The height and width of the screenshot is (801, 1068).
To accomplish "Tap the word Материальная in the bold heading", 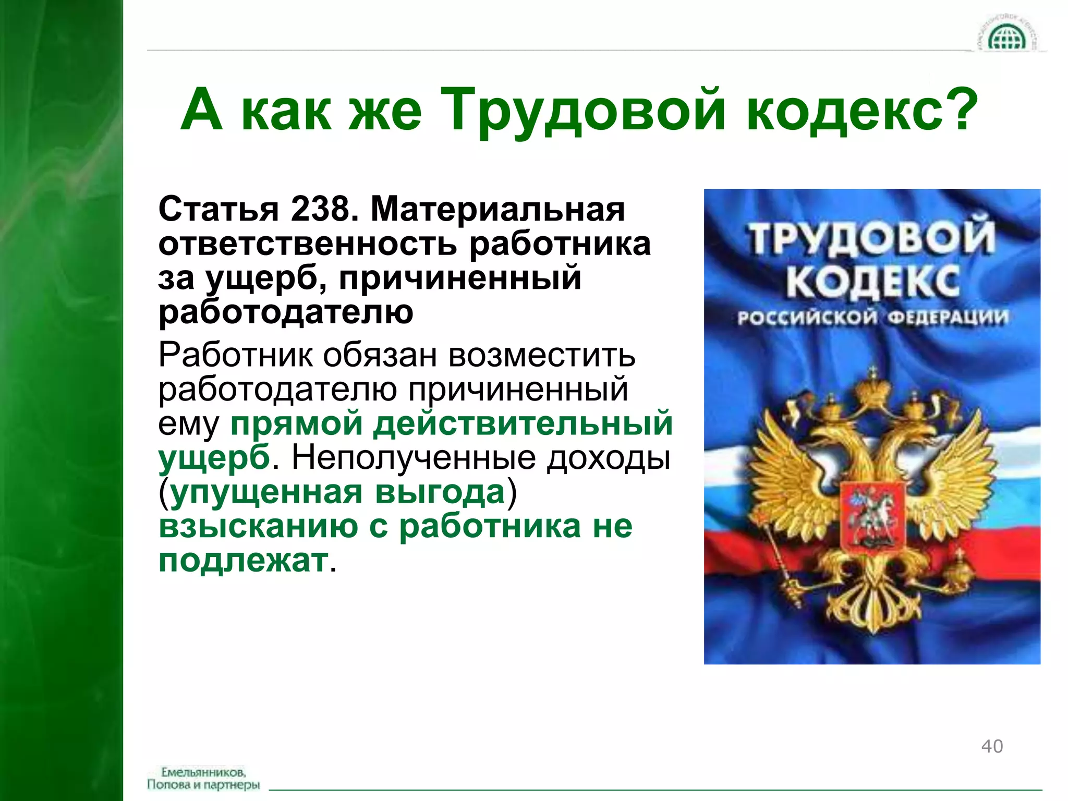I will [x=497, y=209].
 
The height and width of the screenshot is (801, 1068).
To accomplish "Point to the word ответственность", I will [x=308, y=244].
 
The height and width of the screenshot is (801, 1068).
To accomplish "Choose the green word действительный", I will [x=523, y=423].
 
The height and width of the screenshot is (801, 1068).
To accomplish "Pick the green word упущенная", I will [x=266, y=492].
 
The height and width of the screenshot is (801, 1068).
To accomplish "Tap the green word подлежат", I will [x=244, y=561].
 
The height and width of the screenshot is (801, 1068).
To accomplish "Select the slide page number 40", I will [x=992, y=746].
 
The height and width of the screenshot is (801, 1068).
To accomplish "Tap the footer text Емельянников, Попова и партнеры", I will [x=203, y=778].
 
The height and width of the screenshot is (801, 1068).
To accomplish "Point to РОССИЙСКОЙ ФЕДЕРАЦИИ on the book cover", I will [x=872, y=318].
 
